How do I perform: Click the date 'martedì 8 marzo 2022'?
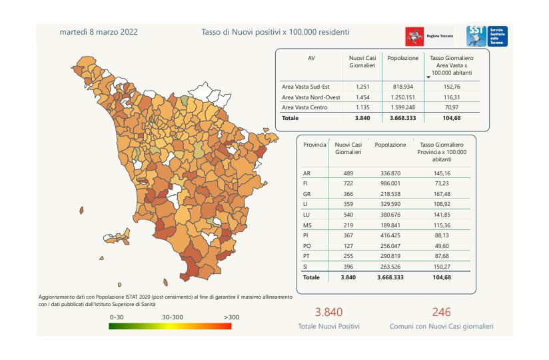click(x=99, y=32)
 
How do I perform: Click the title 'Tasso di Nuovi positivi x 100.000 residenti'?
click(x=275, y=32)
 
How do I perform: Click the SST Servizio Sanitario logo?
click(x=486, y=36)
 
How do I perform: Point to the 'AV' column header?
click(x=311, y=59)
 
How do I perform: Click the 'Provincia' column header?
click(x=314, y=144)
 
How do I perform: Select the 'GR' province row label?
click(x=306, y=194)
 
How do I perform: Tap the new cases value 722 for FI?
click(x=348, y=183)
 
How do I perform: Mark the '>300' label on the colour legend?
click(x=232, y=317)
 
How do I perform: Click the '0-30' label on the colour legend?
click(x=117, y=317)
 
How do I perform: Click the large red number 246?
click(x=442, y=313)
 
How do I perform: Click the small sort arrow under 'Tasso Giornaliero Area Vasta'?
click(x=428, y=78)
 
